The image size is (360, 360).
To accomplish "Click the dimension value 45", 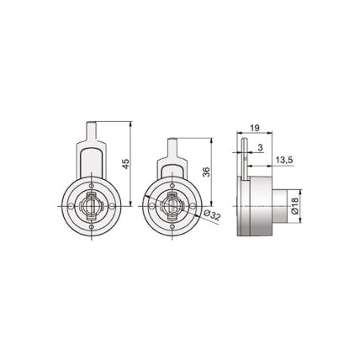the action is pyautogui.click(x=126, y=164).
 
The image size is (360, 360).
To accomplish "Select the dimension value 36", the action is pyautogui.click(x=206, y=172).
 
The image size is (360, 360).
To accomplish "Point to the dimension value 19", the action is pyautogui.click(x=255, y=128).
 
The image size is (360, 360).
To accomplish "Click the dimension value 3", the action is pyautogui.click(x=261, y=148).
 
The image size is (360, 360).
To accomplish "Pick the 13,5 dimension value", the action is pyautogui.click(x=284, y=161).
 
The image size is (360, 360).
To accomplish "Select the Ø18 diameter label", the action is pyautogui.click(x=294, y=206).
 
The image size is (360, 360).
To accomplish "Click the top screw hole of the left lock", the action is pyautogui.click(x=92, y=186).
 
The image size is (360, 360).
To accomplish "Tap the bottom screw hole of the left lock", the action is pyautogui.click(x=92, y=226).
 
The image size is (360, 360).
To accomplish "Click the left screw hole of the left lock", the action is pyautogui.click(x=71, y=206).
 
